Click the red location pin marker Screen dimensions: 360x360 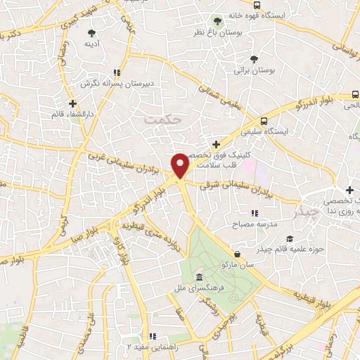point(181,165)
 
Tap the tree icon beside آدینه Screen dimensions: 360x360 point(91,32)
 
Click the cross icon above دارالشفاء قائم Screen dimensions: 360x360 point(72,103)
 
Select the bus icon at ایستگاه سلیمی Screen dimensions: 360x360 point(264,120)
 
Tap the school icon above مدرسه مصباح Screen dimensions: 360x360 point(254,213)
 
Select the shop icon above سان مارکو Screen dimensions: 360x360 point(237,254)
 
